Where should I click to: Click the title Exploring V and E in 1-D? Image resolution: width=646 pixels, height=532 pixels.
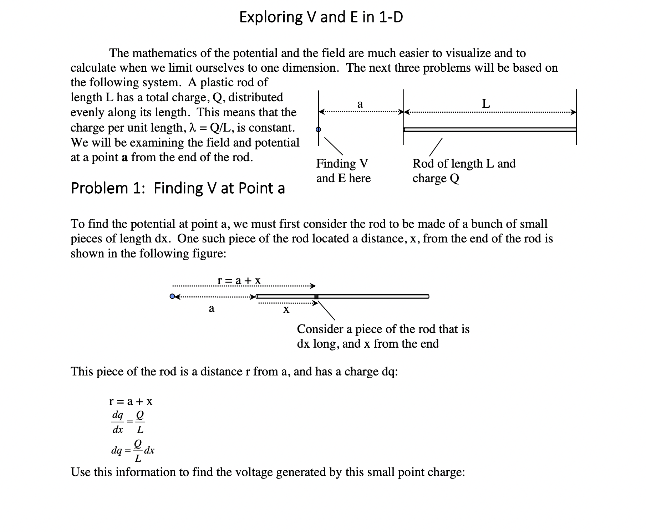[x=321, y=17]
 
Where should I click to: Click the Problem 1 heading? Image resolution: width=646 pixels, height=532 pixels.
[x=178, y=188]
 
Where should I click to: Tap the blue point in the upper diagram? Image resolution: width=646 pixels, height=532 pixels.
[x=319, y=129]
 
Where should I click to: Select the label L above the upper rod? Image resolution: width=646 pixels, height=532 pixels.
[x=486, y=104]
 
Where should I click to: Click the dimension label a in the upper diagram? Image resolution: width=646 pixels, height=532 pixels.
[x=360, y=104]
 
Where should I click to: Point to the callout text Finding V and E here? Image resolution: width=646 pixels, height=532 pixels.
[x=343, y=171]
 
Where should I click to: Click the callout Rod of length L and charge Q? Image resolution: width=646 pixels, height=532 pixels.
[x=464, y=171]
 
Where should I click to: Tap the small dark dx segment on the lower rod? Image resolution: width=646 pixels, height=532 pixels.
[x=316, y=296]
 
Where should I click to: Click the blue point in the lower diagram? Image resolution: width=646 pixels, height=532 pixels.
[x=173, y=296]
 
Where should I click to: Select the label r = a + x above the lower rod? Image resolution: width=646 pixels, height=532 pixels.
[x=239, y=281]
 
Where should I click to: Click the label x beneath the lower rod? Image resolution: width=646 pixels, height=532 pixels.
[x=286, y=310]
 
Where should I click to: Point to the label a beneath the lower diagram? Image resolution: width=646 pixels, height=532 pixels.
[x=212, y=308]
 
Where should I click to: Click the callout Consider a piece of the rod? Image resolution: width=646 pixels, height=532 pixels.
[x=383, y=336]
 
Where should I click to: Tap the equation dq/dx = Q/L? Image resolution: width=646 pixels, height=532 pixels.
[x=128, y=422]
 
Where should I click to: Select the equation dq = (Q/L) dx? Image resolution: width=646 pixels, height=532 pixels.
[x=133, y=451]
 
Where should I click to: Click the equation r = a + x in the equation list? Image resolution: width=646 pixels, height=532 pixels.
[x=131, y=401]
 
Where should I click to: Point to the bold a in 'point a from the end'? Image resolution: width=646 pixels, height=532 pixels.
[x=124, y=158]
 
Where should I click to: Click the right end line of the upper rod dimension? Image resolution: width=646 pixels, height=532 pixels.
[x=576, y=117]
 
